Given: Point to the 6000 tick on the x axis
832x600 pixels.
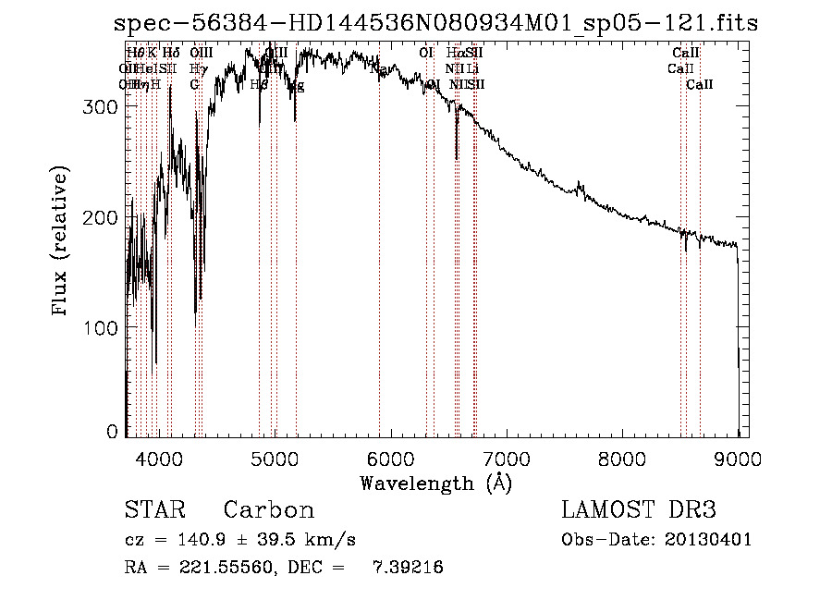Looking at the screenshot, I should click(x=391, y=436).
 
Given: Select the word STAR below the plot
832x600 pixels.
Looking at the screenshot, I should click(x=154, y=510).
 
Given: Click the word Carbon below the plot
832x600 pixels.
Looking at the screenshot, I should click(x=269, y=510).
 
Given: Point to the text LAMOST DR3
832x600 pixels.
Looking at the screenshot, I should click(x=639, y=510).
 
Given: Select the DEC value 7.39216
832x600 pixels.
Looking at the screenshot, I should click(x=409, y=568).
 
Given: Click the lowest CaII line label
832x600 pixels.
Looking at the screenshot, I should click(x=700, y=85).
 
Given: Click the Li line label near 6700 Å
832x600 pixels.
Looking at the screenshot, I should click(x=472, y=68).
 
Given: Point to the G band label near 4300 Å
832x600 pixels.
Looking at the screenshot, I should click(x=194, y=85).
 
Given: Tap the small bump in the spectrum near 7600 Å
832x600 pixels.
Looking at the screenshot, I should click(x=581, y=188).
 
